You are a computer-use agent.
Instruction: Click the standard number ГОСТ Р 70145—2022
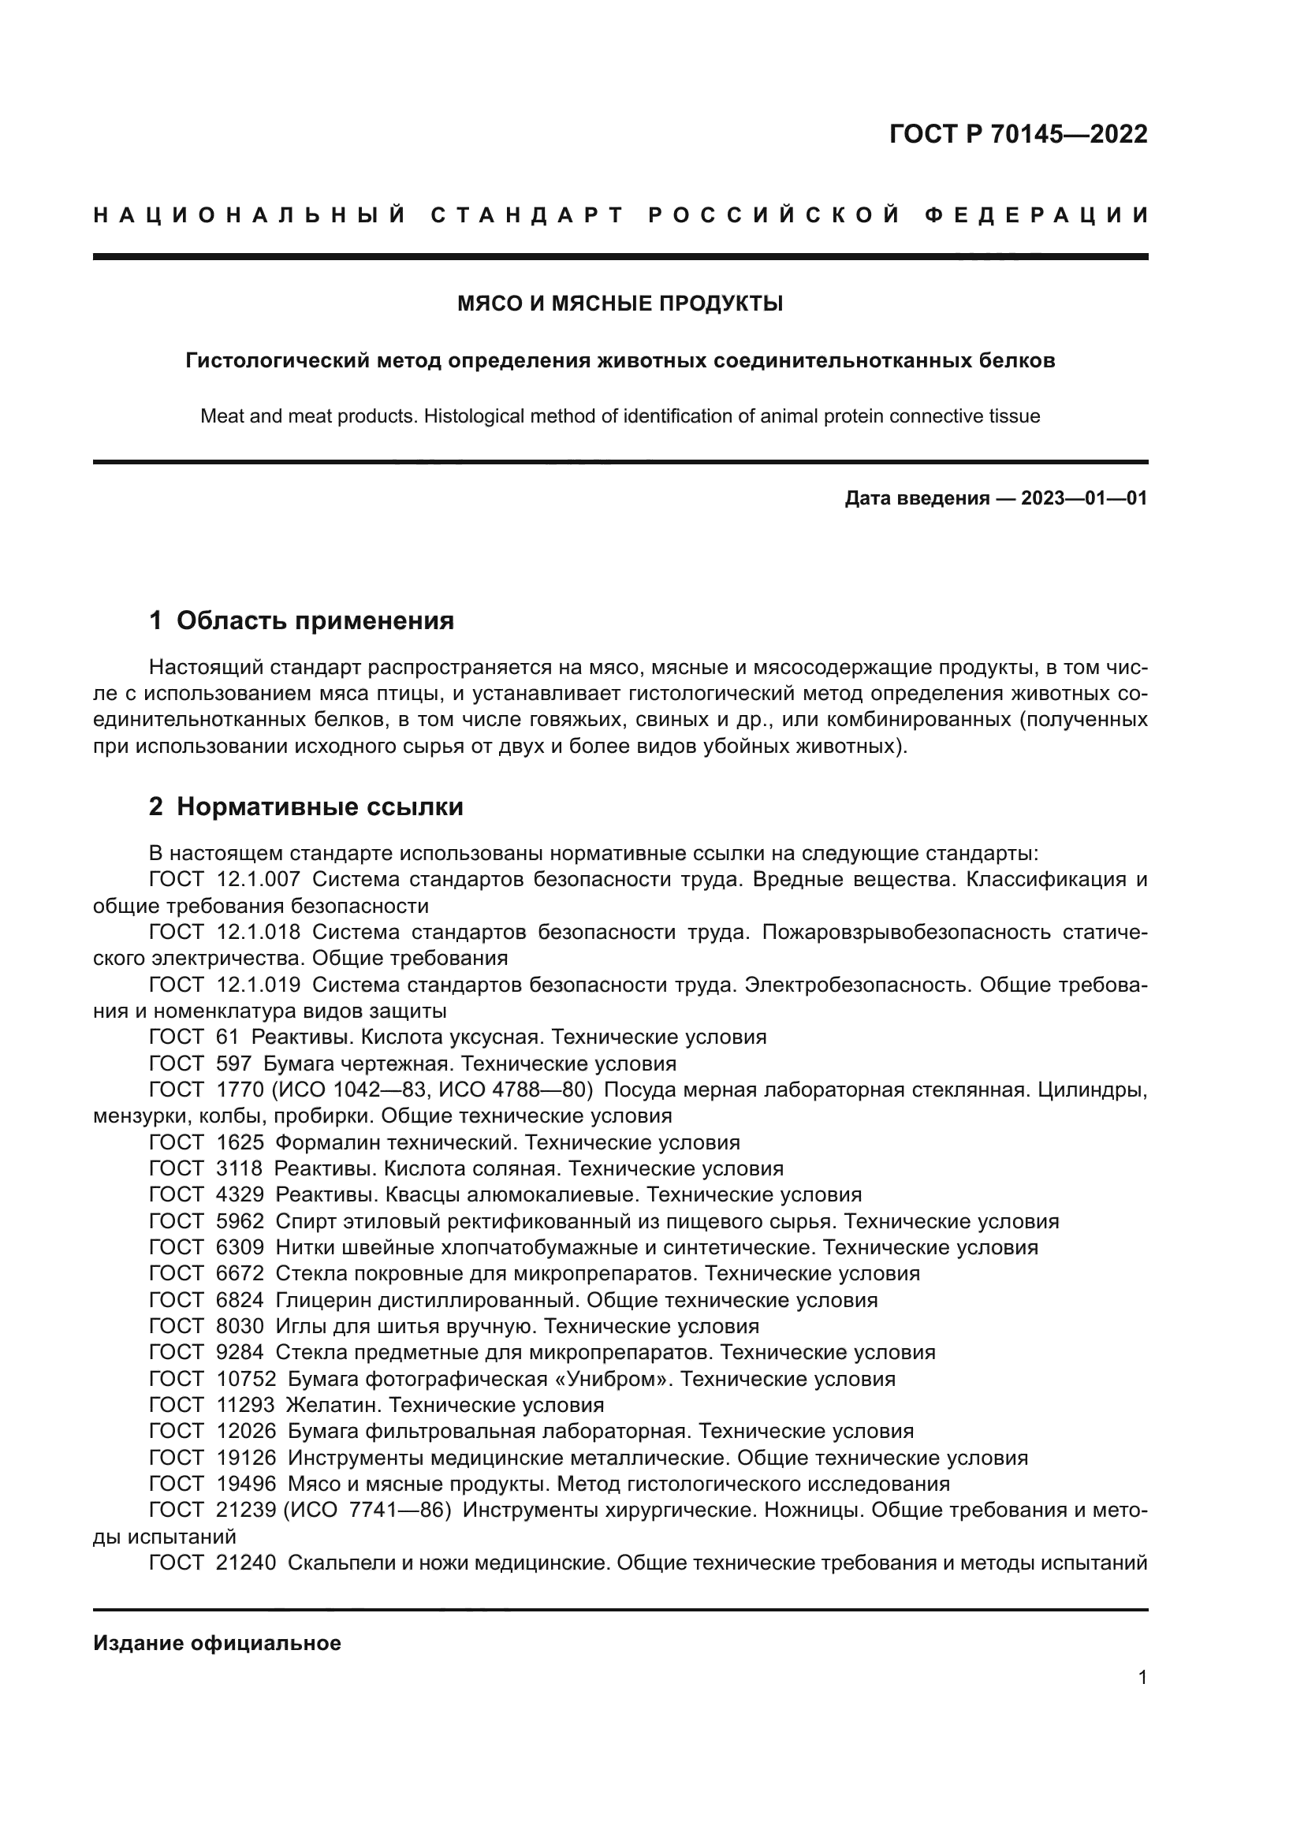point(1018,134)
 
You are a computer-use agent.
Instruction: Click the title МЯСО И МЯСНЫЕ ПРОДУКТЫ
point(620,304)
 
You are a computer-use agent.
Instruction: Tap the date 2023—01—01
point(1083,499)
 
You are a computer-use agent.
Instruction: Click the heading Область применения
point(315,620)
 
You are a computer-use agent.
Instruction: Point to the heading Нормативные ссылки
point(319,807)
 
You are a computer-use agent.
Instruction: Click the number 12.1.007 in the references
point(259,880)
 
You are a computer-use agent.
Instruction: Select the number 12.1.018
point(259,933)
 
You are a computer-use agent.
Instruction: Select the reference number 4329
point(240,1195)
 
